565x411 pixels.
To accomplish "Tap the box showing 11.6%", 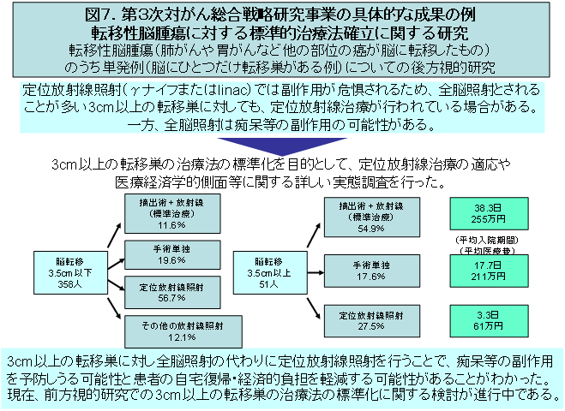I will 166,214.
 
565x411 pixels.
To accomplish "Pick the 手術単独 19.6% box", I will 166,254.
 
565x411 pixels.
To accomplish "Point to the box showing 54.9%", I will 371,218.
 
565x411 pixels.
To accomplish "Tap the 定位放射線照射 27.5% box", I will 371,319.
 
